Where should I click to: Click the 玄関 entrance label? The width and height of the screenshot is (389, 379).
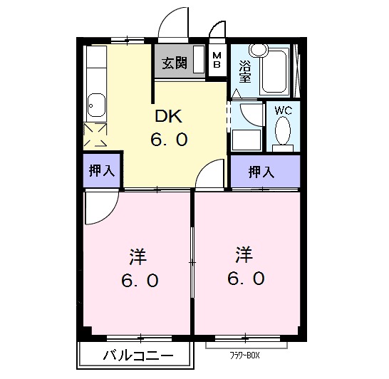coord(174,63)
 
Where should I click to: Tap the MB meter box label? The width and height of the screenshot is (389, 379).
coord(217,61)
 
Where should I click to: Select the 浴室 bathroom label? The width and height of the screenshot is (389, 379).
coord(244,69)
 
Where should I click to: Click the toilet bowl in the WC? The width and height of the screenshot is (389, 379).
coord(283,133)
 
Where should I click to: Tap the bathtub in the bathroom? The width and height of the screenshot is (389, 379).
coord(275,71)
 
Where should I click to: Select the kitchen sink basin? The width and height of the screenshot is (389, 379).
coord(95,108)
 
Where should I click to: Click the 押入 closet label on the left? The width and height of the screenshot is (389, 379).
coord(101,171)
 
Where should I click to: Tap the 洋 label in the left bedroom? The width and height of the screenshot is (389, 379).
coord(138,254)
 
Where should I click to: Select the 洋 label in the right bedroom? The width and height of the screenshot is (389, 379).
coord(244,253)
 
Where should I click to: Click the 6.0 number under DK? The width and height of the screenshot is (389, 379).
coord(169,140)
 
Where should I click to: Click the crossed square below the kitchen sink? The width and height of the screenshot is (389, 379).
coord(95,134)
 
